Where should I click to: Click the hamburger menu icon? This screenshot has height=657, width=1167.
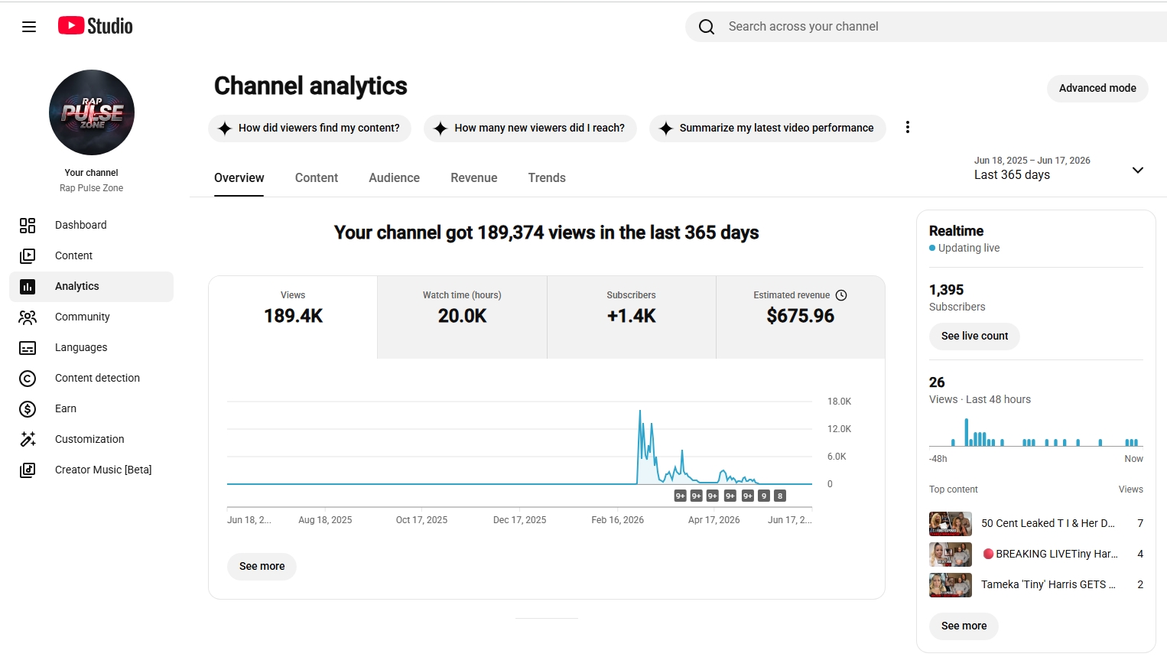coord(29,27)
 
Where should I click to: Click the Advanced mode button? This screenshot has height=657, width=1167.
coord(1097,88)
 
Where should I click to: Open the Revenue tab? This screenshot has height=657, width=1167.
coord(473,177)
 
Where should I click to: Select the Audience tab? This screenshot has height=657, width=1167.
coord(394,177)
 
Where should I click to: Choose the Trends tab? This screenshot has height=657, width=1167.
coord(547,177)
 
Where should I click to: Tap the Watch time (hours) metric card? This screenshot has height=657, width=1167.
coord(462,317)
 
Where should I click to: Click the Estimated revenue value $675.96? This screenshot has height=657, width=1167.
coord(800,316)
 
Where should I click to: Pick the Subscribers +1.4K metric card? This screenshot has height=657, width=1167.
coord(632,317)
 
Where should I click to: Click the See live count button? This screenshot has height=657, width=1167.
coord(974,336)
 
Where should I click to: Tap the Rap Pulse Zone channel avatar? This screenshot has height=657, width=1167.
coord(92,112)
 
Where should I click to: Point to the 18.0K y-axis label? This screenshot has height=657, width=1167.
coord(839,402)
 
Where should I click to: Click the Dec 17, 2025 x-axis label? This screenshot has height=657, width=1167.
coord(519,520)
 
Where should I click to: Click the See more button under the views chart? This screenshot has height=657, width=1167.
coord(262,566)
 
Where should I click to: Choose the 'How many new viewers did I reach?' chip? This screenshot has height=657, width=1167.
coord(530,128)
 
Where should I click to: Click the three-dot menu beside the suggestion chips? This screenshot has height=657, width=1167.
coord(908,128)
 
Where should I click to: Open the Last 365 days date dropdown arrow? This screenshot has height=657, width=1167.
coord(1138,170)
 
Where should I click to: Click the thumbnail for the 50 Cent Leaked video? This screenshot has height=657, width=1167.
coord(951,524)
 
